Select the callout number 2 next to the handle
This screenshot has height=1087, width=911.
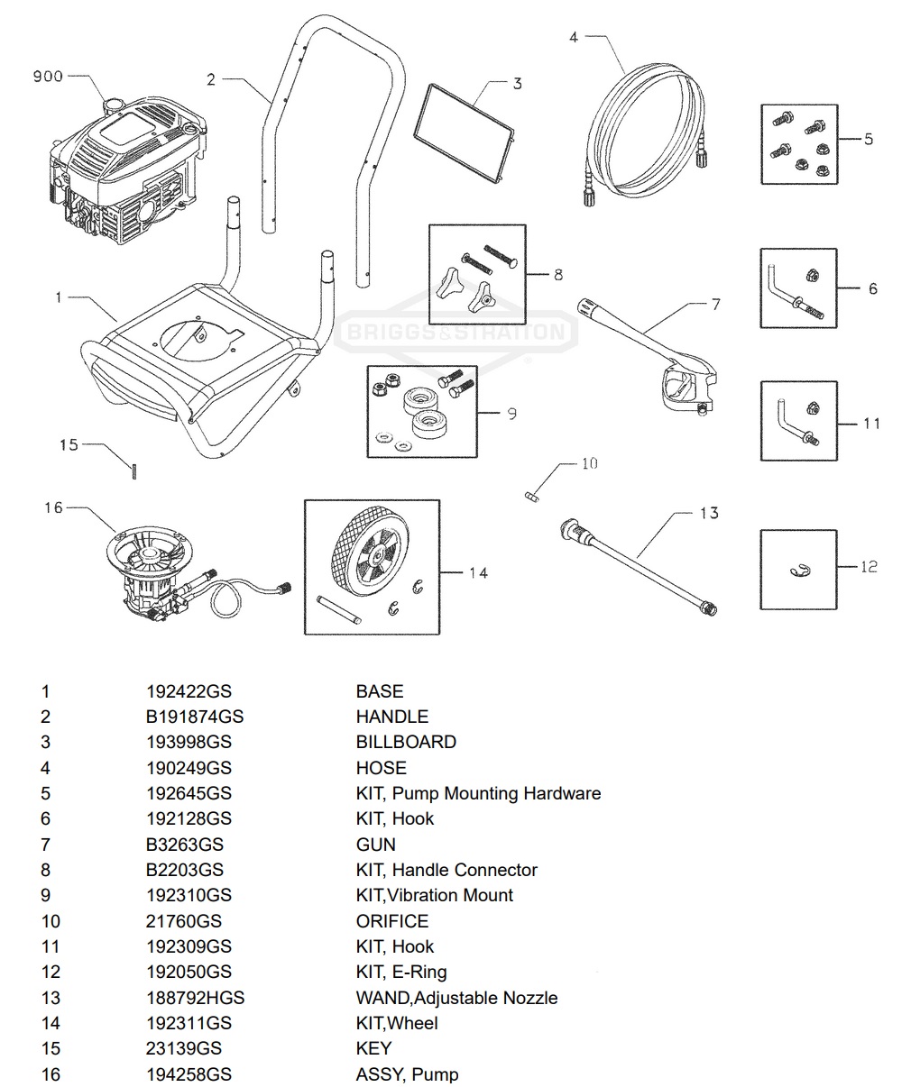[211, 80]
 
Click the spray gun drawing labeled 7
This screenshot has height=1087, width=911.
[649, 356]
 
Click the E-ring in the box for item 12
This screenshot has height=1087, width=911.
[796, 568]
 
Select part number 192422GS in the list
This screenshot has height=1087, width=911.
[189, 691]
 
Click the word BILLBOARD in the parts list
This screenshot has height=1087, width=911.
[406, 742]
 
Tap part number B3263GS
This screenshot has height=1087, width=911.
[184, 845]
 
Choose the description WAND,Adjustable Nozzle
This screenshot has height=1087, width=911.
[456, 998]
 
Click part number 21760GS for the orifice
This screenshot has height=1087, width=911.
[183, 921]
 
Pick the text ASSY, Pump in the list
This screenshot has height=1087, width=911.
[407, 1074]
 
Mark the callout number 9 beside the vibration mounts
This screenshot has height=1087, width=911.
[511, 414]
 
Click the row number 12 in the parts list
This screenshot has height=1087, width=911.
[50, 972]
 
